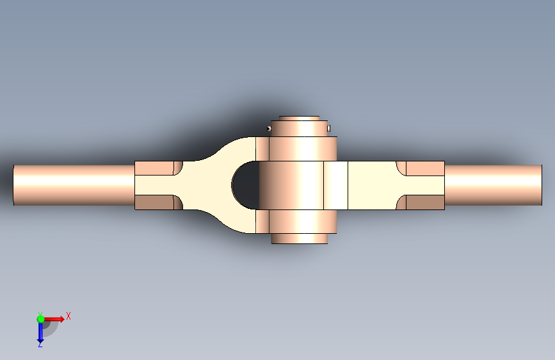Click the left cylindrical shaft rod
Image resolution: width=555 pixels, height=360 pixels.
tap(74, 185)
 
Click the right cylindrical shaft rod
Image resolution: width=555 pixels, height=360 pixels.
tap(493, 185)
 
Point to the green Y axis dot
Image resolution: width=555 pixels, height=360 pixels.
tap(40, 319)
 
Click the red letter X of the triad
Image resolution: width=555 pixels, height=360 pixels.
tap(68, 316)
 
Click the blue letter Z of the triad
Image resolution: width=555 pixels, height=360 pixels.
tap(40, 345)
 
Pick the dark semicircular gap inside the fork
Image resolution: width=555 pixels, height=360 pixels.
tap(246, 185)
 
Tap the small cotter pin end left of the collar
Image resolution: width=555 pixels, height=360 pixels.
tap(269, 128)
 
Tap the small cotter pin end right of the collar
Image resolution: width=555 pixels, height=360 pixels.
tap(329, 128)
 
